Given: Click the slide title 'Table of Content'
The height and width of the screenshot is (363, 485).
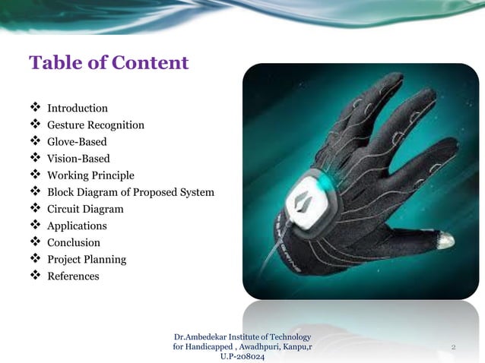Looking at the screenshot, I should [108, 62].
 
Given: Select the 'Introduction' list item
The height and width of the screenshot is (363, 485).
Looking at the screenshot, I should [78, 109].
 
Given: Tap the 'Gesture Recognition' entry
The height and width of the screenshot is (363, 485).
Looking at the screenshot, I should [96, 125].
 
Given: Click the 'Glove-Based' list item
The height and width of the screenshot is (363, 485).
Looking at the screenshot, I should [77, 142].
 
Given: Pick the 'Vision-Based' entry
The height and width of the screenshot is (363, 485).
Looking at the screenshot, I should [78, 159].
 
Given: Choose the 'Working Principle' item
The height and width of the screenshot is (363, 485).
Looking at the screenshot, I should [90, 175].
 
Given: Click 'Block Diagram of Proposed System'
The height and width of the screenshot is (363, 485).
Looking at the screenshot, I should [131, 192].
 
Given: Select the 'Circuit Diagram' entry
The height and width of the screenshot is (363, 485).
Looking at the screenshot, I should [85, 209].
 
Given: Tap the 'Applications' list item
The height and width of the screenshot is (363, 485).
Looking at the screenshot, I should [77, 226].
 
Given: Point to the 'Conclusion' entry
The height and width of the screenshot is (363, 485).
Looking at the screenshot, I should [74, 242].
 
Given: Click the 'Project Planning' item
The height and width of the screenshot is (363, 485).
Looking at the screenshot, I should [87, 259].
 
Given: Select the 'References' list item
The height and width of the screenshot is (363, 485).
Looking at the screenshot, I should [73, 276].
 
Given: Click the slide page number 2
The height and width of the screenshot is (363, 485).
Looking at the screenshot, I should [452, 347].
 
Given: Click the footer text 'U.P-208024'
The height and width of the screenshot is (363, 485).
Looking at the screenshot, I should [242, 357].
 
